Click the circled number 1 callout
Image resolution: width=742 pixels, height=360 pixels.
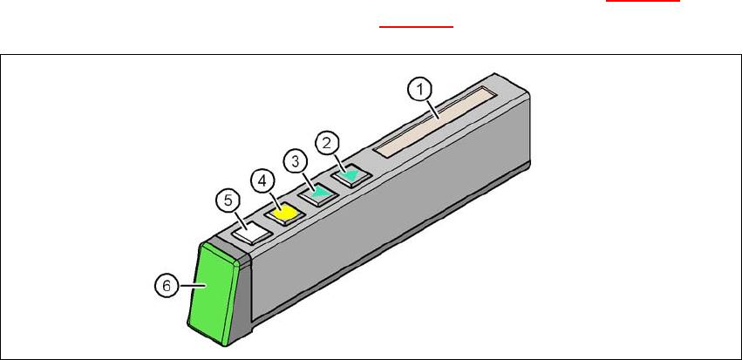coord(420,88)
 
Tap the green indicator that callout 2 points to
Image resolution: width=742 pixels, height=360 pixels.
coord(351,176)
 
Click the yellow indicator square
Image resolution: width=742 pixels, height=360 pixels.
coord(283,212)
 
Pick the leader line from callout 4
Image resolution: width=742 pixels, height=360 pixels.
coord(272,198)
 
